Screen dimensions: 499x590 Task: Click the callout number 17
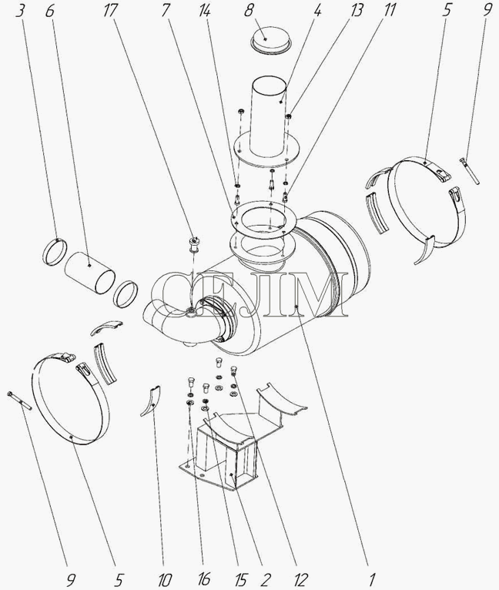109,10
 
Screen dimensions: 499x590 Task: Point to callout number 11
388,10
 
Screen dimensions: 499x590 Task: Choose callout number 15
241,580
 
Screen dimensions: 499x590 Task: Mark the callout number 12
300,580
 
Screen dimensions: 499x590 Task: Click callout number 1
372,580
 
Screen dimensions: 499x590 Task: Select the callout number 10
165,580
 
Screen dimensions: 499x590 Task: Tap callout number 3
21,10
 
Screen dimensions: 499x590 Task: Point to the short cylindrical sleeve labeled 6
89,272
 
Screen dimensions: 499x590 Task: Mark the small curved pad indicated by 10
152,401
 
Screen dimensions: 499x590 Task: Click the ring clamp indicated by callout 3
55,252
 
